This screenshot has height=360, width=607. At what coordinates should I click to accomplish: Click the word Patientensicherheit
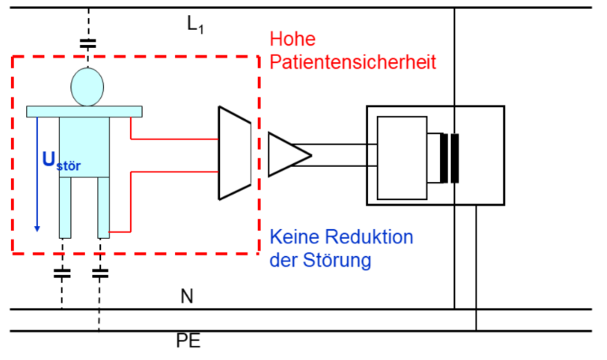[x=352, y=61]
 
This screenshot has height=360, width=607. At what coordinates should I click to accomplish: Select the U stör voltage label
[x=61, y=161]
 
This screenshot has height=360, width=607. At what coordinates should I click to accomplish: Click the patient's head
[x=87, y=87]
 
